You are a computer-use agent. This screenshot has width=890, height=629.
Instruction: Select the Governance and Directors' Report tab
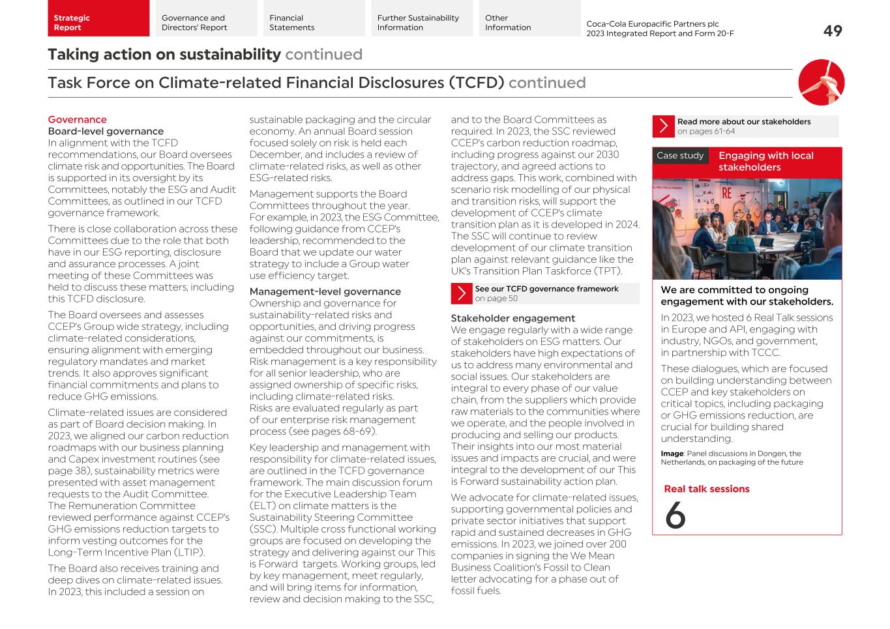[x=203, y=23]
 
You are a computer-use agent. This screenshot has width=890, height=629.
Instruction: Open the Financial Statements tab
[x=311, y=23]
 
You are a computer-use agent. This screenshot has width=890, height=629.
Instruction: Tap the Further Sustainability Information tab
[x=421, y=23]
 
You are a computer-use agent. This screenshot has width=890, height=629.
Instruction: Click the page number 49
[x=832, y=31]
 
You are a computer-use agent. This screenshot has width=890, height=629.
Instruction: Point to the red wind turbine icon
[x=821, y=83]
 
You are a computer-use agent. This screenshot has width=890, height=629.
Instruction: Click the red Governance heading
[x=77, y=120]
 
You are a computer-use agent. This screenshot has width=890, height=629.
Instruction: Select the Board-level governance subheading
[x=106, y=132]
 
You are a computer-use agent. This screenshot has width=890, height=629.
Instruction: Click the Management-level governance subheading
[x=325, y=292]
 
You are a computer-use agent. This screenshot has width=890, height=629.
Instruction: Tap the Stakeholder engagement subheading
[x=512, y=319]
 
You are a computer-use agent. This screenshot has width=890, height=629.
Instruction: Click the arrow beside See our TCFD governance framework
[x=461, y=294]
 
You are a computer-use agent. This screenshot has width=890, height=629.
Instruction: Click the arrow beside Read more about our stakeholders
[x=663, y=126]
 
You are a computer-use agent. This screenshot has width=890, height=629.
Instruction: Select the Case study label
[x=679, y=156]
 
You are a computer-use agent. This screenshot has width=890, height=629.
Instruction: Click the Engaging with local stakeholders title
[x=765, y=162]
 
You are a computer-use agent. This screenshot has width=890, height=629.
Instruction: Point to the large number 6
[x=675, y=516]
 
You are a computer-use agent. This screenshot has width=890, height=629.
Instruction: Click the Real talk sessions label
[x=706, y=490]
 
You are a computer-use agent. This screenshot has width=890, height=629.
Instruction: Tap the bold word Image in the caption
[x=672, y=454]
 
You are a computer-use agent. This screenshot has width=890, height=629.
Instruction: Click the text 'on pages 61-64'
[x=705, y=132]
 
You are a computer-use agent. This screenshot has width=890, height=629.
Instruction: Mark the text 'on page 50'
[x=496, y=299]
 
